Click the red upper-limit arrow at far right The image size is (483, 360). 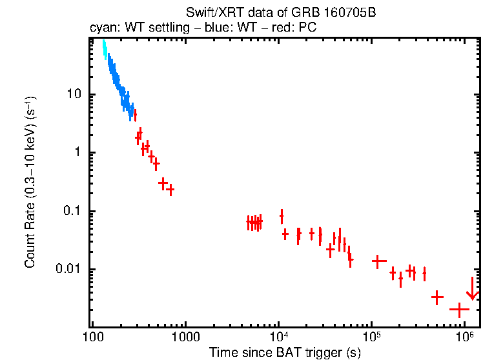click(x=472, y=289)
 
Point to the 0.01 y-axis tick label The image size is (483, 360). click(x=68, y=269)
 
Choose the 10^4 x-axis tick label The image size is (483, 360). click(x=278, y=337)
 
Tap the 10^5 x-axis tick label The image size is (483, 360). click(x=371, y=337)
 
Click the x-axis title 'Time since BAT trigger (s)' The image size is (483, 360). click(x=284, y=352)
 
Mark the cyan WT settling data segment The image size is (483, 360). click(x=104, y=50)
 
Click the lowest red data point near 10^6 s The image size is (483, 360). click(x=459, y=310)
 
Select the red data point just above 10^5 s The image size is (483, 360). click(x=379, y=261)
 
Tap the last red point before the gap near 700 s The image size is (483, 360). click(x=170, y=190)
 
